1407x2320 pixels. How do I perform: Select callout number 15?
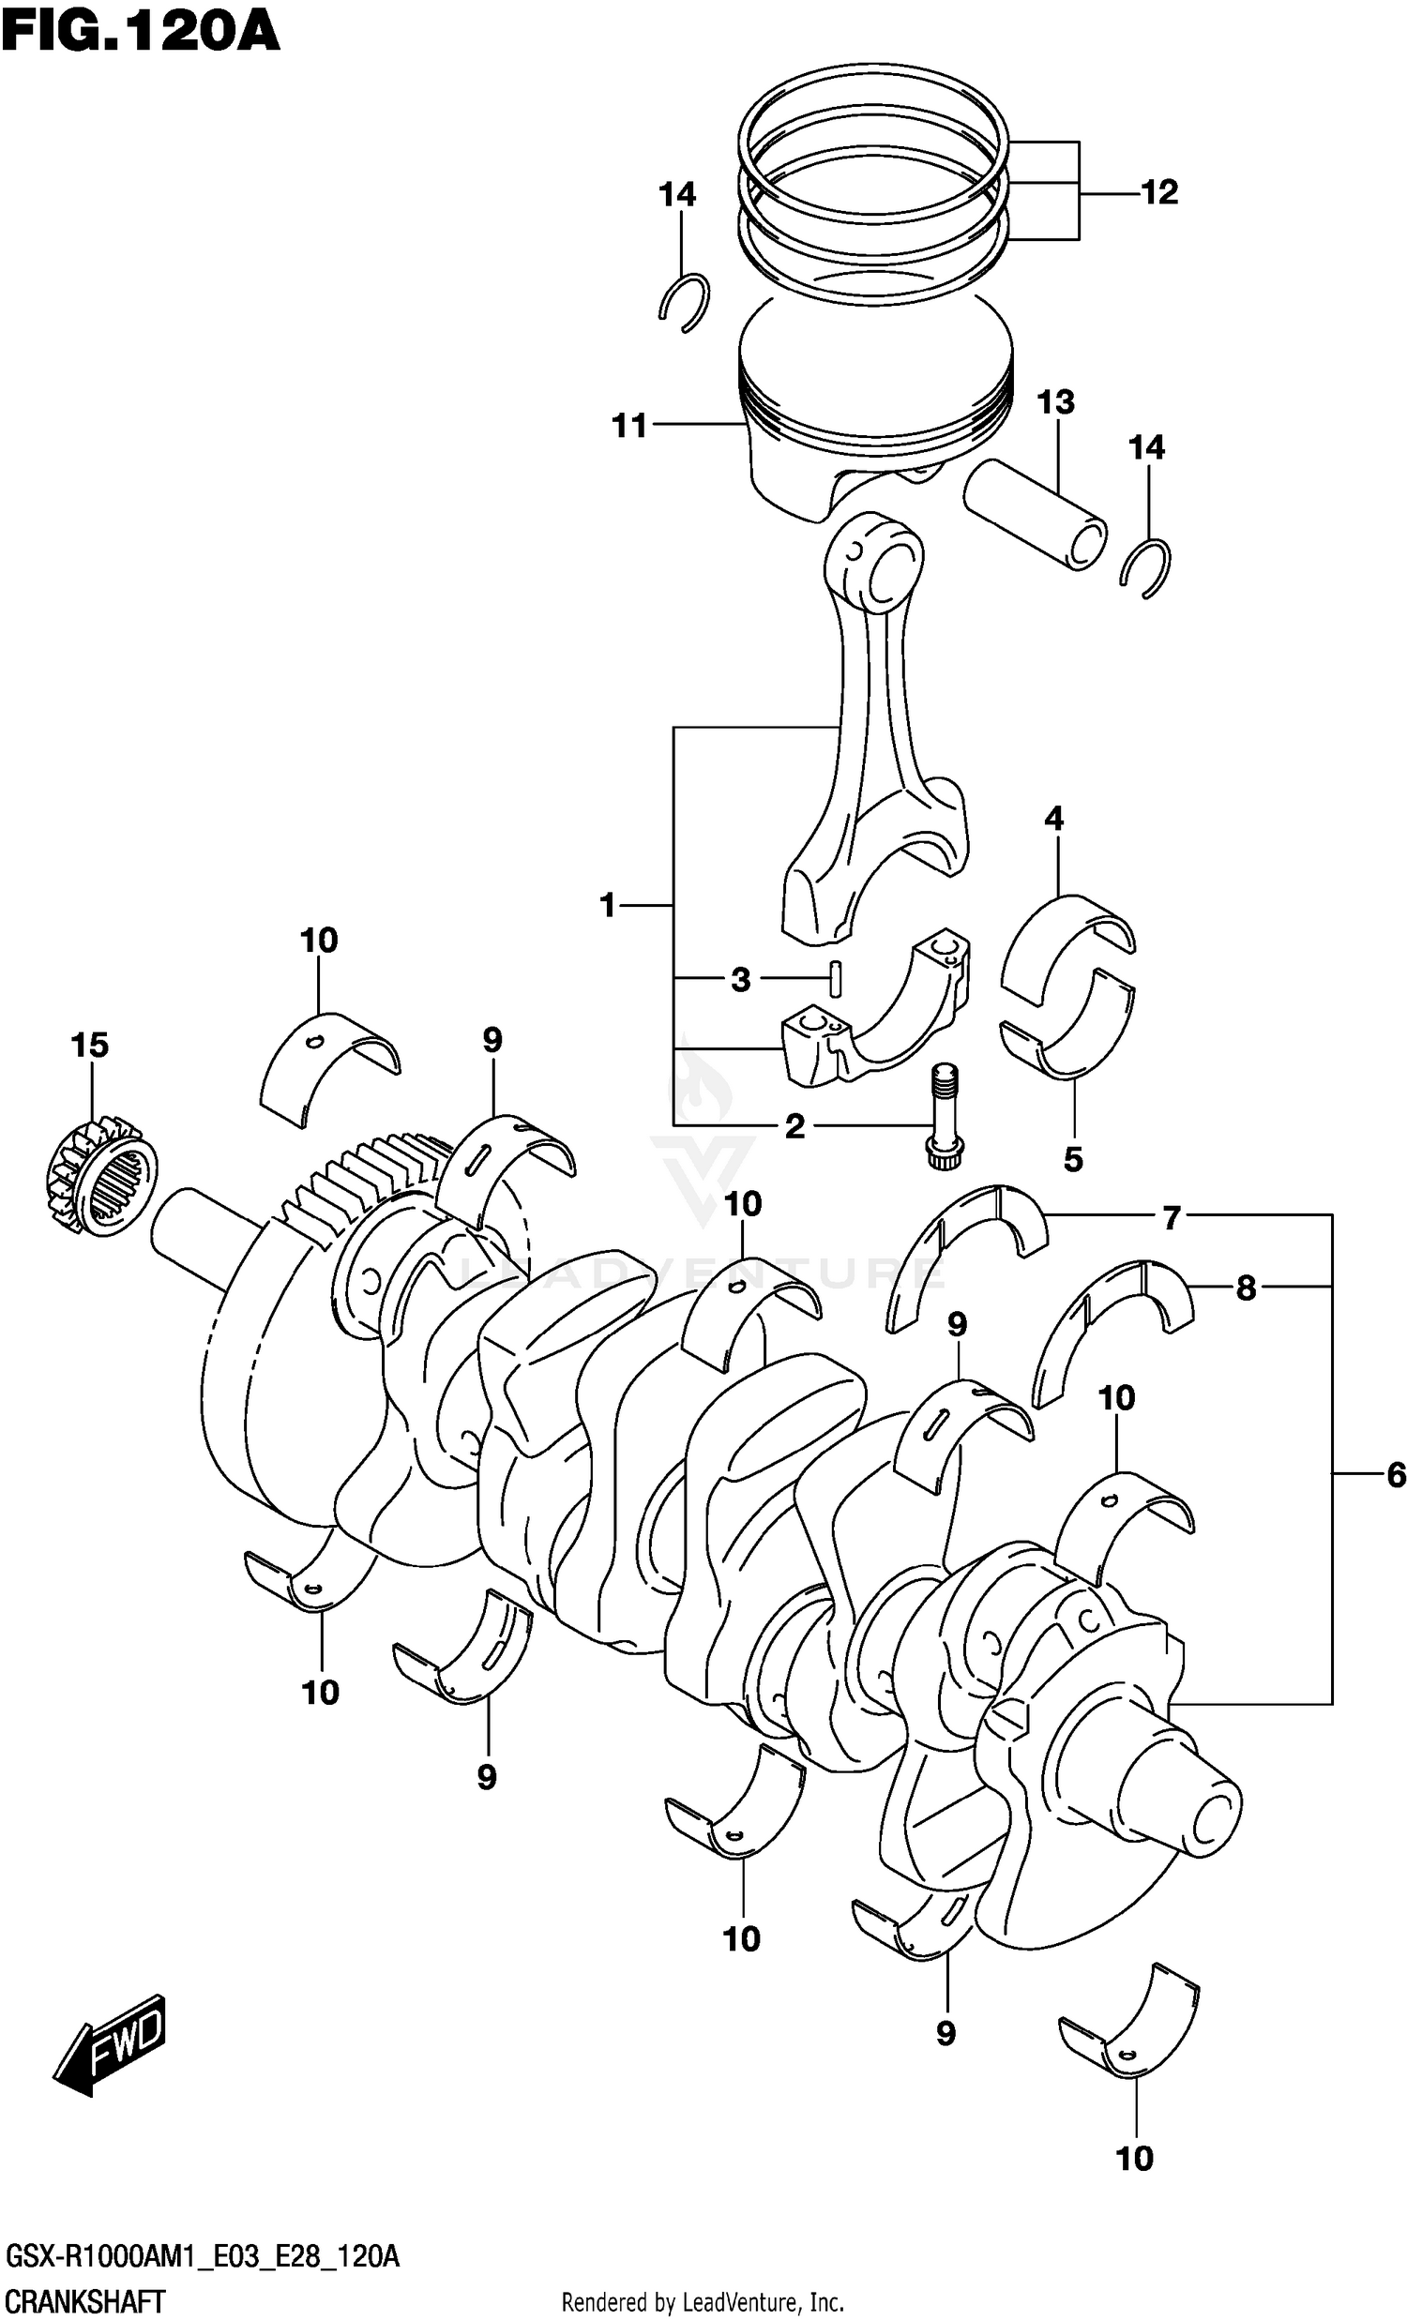click(89, 1045)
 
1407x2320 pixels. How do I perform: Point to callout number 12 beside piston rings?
click(1159, 192)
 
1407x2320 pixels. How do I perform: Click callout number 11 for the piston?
click(630, 426)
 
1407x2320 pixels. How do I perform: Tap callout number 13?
click(1056, 402)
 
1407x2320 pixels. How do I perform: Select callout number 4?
click(1053, 819)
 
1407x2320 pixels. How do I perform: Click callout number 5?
click(1073, 1159)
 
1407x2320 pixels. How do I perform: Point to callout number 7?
click(1171, 1218)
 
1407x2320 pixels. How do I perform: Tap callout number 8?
click(1245, 1288)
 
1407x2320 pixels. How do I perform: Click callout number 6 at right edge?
click(1396, 1474)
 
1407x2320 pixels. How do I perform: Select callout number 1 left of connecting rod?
click(608, 905)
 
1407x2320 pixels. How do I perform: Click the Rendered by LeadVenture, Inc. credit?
click(703, 2303)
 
